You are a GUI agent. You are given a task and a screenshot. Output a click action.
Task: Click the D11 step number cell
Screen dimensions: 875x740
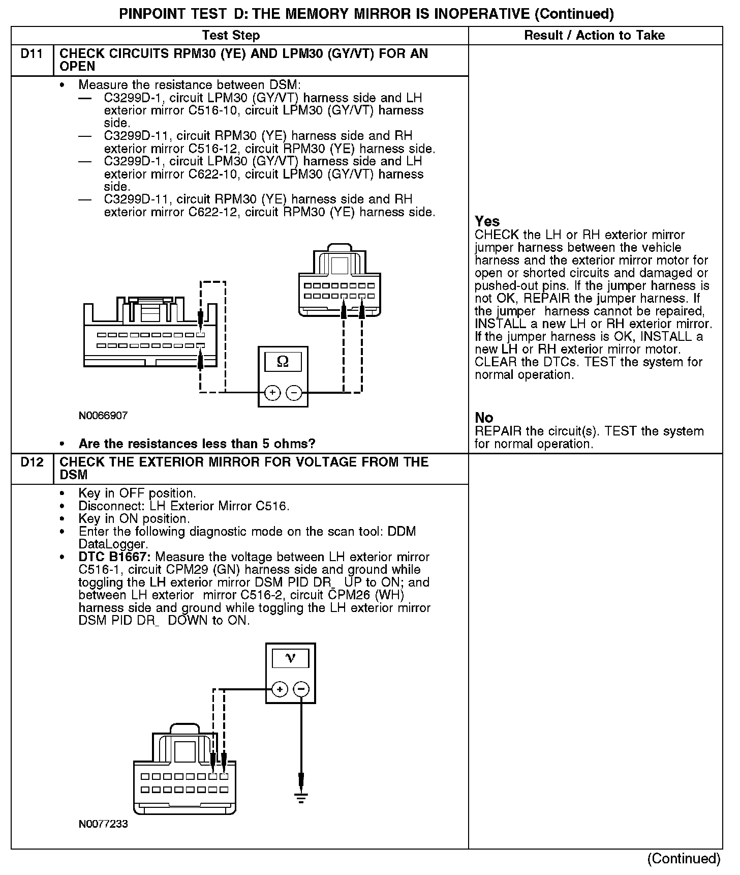[x=32, y=54]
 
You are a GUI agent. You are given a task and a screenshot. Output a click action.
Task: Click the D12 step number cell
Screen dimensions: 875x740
[x=32, y=462]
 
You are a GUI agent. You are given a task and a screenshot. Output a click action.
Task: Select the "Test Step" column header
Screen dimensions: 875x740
[x=231, y=36]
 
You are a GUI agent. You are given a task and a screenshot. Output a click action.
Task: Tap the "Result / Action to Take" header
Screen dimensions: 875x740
[x=594, y=36]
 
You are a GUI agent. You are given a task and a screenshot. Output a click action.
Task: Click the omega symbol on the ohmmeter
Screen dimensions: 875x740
[x=283, y=362]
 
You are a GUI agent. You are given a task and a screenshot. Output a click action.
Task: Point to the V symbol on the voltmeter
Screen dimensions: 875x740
[x=290, y=658]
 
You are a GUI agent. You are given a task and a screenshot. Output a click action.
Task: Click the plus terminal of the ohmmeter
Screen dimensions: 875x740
[x=273, y=393]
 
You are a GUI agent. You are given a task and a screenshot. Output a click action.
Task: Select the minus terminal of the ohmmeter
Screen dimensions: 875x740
[x=294, y=393]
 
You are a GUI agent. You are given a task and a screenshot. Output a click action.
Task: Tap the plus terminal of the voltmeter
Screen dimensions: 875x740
[x=280, y=689]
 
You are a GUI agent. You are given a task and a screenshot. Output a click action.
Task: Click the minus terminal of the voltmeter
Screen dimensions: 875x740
[x=301, y=689]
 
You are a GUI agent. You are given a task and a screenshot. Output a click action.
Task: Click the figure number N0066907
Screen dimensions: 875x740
[x=103, y=416]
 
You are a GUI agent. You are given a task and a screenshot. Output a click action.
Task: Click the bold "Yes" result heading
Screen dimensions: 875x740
[x=487, y=221]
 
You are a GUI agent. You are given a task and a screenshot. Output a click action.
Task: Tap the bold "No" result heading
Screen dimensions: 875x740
[x=484, y=418]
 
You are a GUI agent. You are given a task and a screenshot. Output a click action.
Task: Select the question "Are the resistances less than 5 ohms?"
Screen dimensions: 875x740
[x=197, y=444]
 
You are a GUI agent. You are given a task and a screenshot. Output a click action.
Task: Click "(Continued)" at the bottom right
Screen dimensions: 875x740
[x=684, y=859]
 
